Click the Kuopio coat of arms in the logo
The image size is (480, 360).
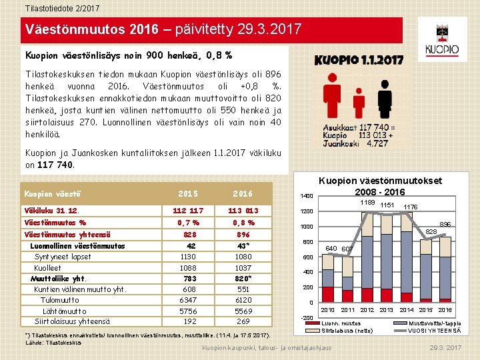pos(442,33)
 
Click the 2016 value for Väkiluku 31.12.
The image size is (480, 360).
pos(243,211)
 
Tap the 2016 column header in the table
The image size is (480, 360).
pos(243,194)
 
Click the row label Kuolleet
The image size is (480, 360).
pos(48,267)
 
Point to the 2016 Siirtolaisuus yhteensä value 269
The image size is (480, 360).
pos(243,321)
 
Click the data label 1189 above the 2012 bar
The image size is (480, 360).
pos(367,203)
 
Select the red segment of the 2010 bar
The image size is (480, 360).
pos(328,295)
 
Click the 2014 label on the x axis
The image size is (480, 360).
pos(406,311)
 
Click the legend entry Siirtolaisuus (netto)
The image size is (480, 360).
pos(346,330)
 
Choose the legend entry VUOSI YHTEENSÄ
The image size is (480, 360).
pos(434,330)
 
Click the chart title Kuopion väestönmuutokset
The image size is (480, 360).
pos(380,181)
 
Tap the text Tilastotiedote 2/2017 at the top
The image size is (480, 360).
pos(53,7)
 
